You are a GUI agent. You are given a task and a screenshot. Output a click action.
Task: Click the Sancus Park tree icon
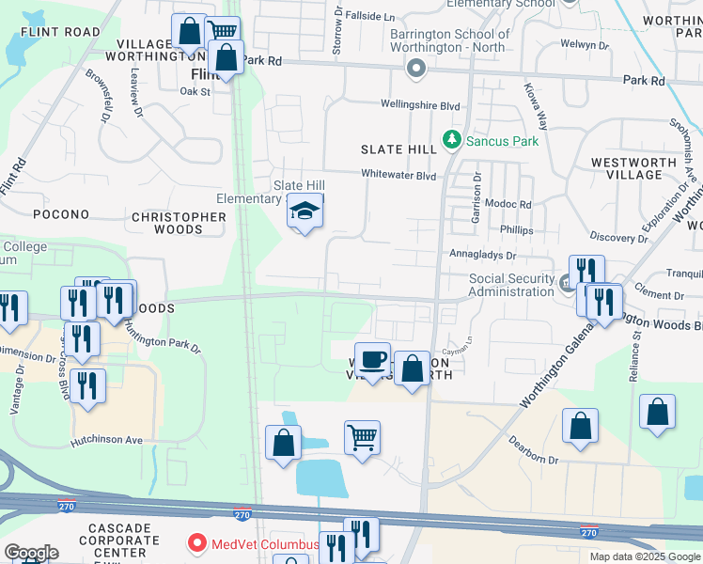452,140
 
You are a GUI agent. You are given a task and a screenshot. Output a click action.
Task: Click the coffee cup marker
372,360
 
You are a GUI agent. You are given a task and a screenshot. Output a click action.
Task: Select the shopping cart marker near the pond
362,437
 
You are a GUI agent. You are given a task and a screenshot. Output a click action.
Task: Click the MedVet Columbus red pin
197,543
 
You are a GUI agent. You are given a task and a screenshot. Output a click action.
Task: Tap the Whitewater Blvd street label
399,175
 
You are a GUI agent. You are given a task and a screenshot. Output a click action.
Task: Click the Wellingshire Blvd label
420,105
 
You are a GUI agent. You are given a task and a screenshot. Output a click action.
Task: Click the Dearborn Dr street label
535,461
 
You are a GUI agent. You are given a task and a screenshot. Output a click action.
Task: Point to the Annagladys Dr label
484,255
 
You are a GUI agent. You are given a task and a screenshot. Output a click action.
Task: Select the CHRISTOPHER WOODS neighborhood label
179,223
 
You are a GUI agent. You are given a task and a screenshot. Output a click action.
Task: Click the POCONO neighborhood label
61,214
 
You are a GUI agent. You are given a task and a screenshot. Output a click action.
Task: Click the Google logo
31,553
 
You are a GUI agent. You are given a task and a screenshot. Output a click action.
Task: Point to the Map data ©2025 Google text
644,556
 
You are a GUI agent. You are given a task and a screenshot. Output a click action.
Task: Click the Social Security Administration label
511,285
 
